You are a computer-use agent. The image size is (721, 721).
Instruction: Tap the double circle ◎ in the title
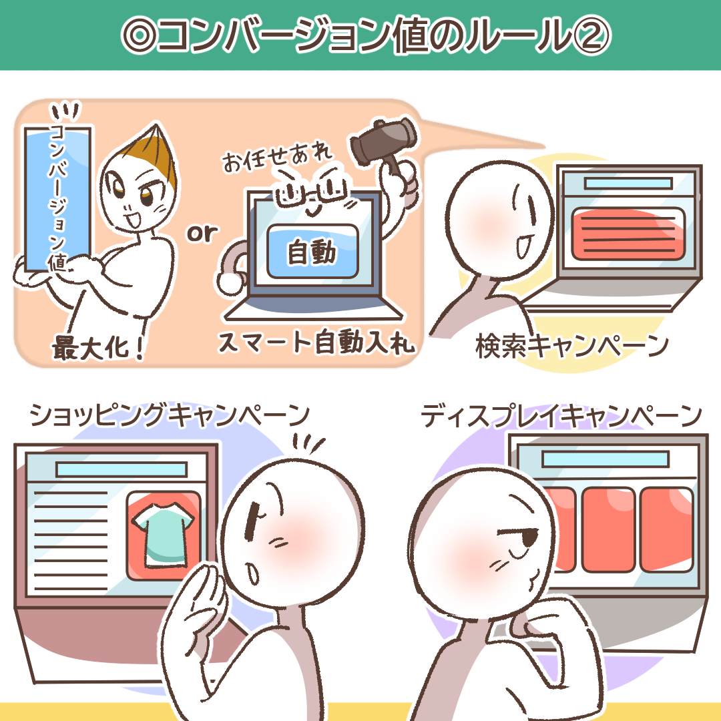click(x=140, y=36)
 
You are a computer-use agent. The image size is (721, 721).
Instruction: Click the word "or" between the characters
click(x=202, y=234)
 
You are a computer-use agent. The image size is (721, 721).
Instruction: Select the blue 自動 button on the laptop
click(x=312, y=252)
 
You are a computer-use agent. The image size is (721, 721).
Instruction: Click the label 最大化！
click(x=97, y=348)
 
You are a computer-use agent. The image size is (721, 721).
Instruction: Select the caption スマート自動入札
click(x=316, y=342)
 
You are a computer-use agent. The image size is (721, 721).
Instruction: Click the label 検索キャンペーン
click(x=571, y=346)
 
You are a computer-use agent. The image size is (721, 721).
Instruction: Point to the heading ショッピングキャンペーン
click(x=169, y=415)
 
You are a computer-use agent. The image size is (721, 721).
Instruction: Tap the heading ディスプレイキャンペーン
click(x=561, y=415)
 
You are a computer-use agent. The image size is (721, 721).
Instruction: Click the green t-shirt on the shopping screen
click(x=162, y=535)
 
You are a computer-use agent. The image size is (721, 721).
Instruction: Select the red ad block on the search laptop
click(x=628, y=234)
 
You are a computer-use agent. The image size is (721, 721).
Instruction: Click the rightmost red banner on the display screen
click(x=666, y=529)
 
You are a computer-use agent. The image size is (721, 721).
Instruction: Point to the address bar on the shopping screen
click(x=122, y=469)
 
